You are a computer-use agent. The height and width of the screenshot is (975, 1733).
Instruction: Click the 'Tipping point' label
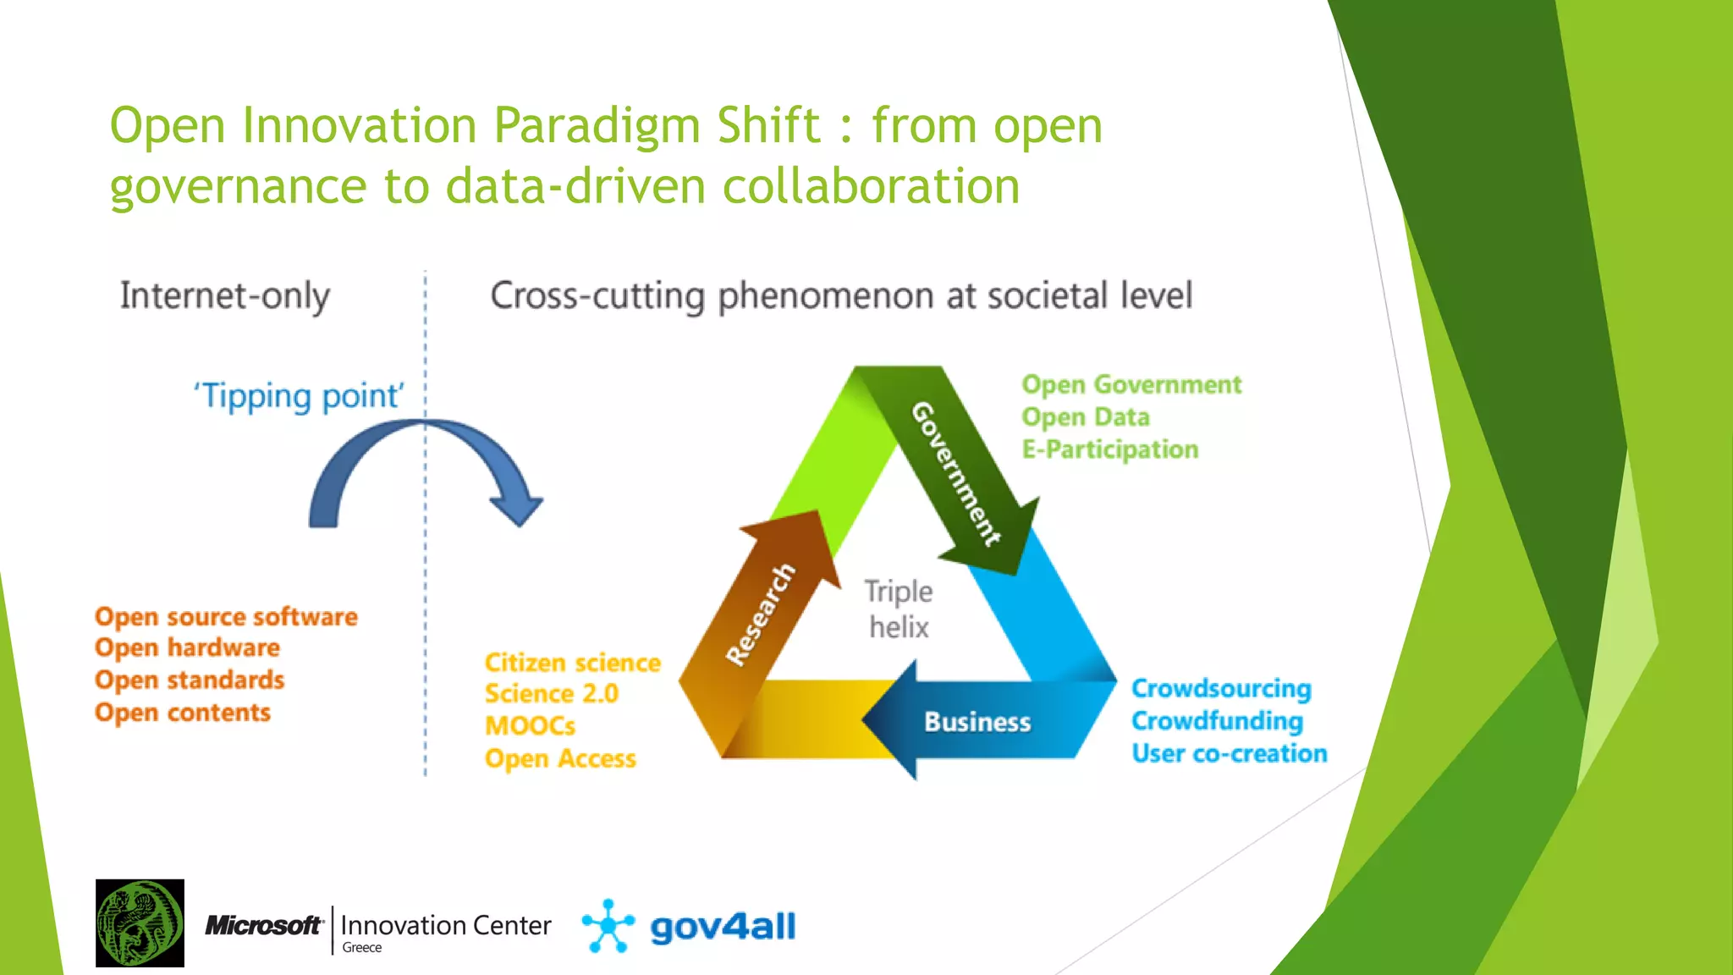(x=300, y=396)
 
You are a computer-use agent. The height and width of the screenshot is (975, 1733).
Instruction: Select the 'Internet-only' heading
(x=224, y=296)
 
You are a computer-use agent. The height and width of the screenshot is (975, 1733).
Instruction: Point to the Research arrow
(x=762, y=614)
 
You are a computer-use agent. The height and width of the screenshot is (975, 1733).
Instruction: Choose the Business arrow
(x=977, y=722)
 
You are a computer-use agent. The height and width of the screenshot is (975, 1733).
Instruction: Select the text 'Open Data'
(x=1086, y=417)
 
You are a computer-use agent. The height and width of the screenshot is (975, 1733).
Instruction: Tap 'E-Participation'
(x=1109, y=449)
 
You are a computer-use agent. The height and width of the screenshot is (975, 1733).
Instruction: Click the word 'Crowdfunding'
(x=1217, y=721)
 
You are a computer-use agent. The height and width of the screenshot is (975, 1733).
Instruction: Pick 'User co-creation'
(x=1229, y=753)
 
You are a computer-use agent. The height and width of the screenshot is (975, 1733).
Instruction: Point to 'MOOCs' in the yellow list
(x=530, y=726)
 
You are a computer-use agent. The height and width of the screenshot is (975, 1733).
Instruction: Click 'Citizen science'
(x=572, y=663)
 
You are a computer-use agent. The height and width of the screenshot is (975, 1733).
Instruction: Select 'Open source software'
(x=226, y=617)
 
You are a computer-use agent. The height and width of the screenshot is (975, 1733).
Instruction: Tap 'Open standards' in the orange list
(x=190, y=680)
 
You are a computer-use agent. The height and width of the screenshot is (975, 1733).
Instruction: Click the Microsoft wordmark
(x=263, y=926)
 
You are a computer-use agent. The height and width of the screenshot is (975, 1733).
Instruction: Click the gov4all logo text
(x=723, y=927)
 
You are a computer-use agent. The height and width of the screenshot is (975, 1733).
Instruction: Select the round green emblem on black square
(x=140, y=923)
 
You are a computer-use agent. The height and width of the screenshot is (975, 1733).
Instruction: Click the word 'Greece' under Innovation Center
(x=361, y=948)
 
